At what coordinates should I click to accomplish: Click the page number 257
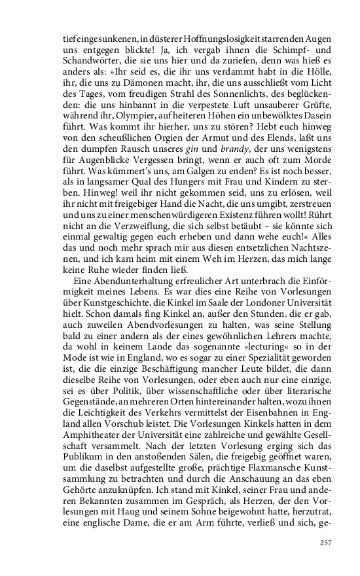[x=325, y=542]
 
